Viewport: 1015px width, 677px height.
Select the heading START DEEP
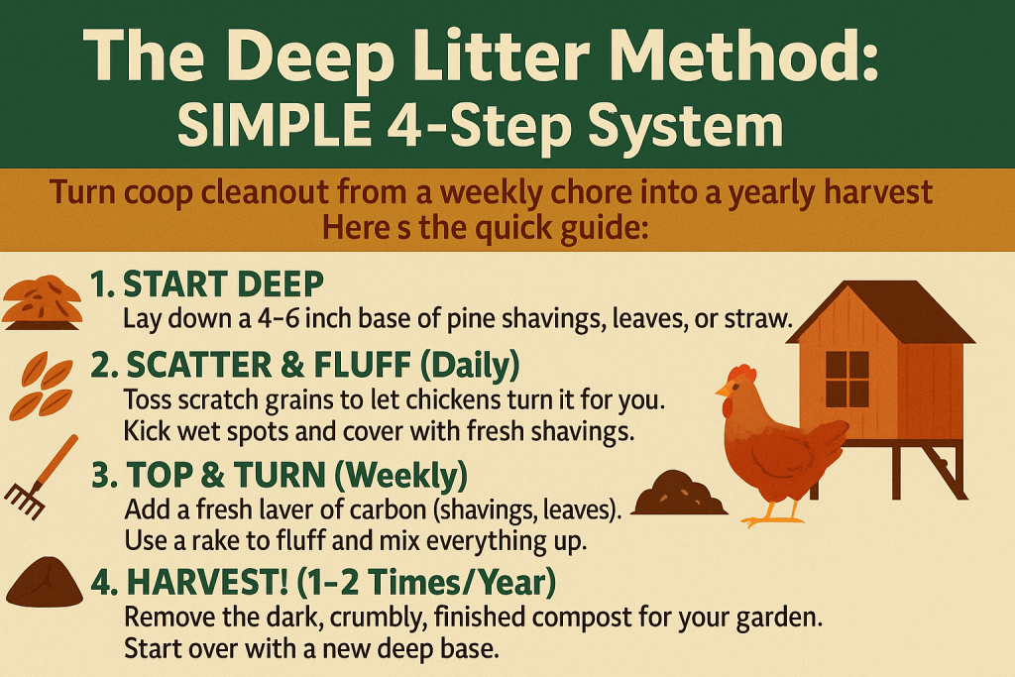(x=207, y=283)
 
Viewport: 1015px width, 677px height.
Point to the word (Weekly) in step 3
(x=401, y=475)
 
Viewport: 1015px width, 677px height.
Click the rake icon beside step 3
(x=39, y=478)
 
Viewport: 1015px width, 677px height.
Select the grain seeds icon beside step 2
(x=42, y=387)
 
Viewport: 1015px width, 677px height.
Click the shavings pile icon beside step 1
(x=43, y=302)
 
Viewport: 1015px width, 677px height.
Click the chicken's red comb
(x=741, y=373)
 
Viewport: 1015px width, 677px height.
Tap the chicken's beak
(x=723, y=389)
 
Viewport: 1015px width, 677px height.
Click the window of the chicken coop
(x=847, y=380)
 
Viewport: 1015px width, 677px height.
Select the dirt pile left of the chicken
(x=679, y=494)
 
